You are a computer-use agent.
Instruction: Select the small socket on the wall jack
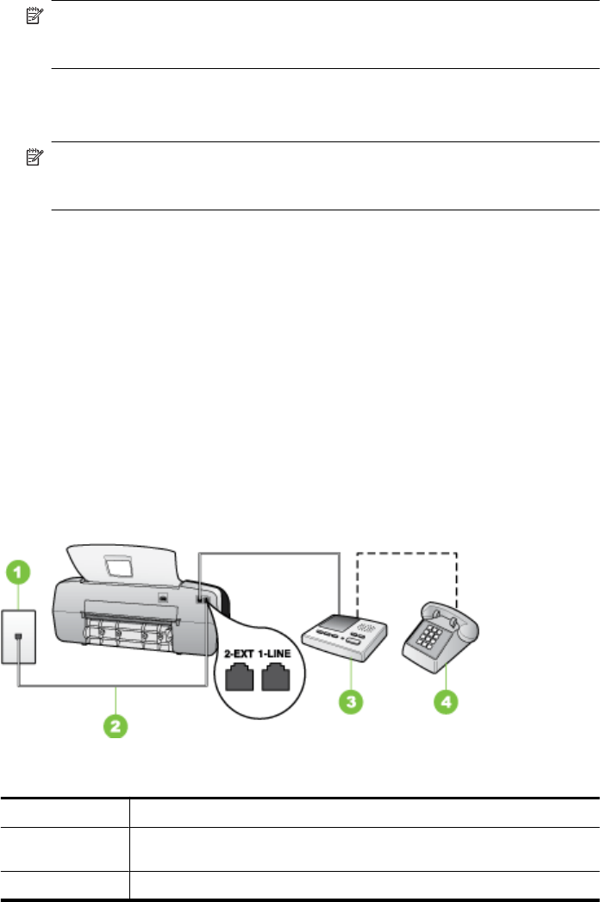[18, 639]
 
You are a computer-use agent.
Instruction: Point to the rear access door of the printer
[129, 626]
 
